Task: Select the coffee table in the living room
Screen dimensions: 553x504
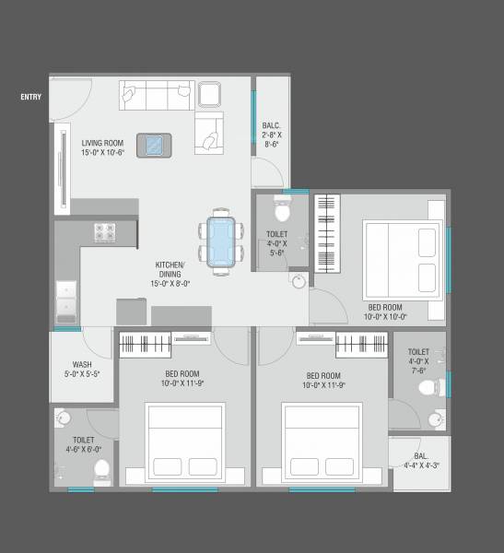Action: [x=153, y=146]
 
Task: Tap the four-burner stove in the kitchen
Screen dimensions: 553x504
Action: [x=103, y=233]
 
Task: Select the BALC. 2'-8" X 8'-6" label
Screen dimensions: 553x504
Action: [x=272, y=134]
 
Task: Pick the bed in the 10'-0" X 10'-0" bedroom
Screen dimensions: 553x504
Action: [x=399, y=257]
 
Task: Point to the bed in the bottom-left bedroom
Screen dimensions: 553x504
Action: [x=185, y=443]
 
